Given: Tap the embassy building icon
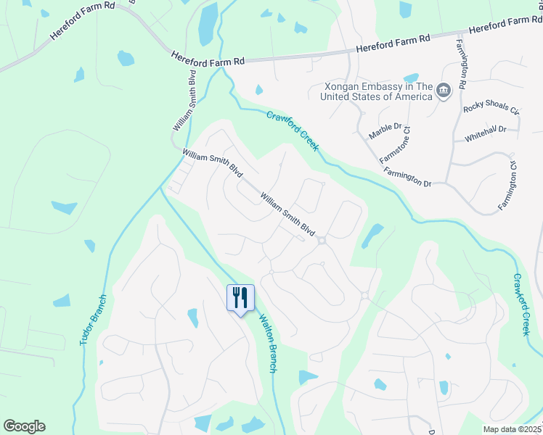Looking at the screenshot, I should point(443,91).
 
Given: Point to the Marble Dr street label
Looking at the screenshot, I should point(385,131).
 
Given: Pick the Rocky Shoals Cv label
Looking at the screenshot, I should point(491,111).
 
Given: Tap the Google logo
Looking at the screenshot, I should point(24,426).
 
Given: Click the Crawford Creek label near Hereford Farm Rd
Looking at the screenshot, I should point(292,131).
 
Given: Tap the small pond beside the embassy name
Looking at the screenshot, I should point(411,78).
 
